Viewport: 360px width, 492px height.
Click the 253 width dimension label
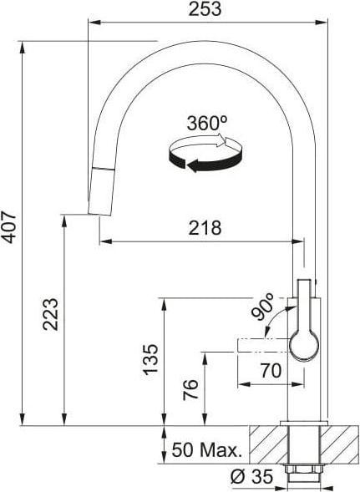[x=205, y=9]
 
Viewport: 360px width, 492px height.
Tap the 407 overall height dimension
[x=8, y=227]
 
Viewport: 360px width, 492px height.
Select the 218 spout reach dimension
[x=205, y=228]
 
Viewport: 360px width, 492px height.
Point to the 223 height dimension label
[x=50, y=314]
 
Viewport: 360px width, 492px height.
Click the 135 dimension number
[x=150, y=359]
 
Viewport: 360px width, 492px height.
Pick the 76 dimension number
[x=190, y=389]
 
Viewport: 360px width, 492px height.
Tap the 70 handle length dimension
[x=271, y=371]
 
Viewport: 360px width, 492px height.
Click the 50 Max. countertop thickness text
[x=207, y=449]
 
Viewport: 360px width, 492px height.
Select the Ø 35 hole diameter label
[x=251, y=477]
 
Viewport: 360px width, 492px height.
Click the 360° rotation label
[x=207, y=123]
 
